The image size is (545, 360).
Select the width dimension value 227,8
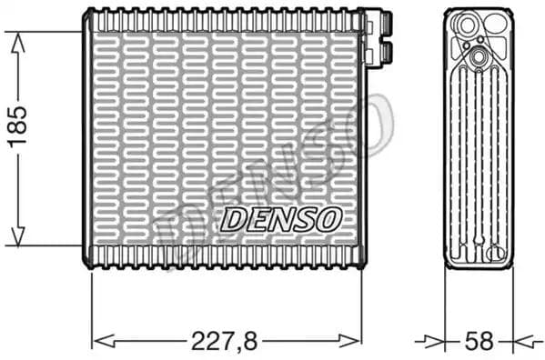227,341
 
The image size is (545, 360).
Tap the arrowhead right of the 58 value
521,341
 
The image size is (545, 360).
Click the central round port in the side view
479,58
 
